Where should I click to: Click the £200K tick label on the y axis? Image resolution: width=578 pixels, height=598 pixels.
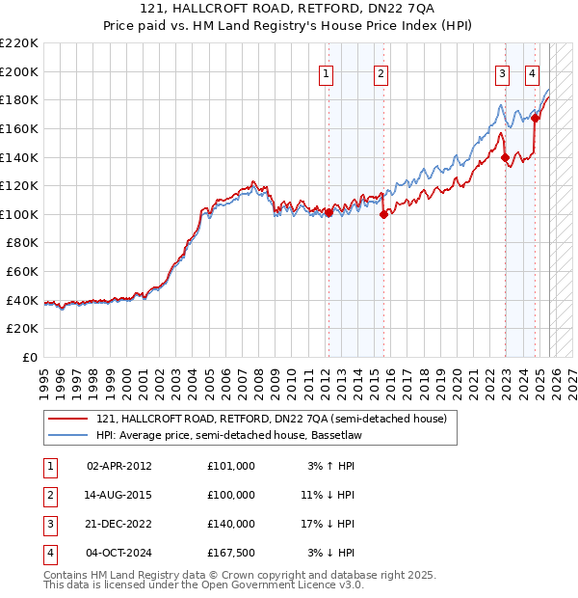point(20,71)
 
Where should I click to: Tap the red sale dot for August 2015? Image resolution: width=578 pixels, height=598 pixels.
point(383,215)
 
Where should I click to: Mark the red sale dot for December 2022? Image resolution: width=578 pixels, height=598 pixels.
point(505,157)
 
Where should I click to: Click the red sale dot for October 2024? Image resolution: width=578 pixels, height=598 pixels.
point(535,118)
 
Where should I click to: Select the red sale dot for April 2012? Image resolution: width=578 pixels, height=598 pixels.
point(328,213)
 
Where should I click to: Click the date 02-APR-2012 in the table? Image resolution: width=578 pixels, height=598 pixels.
point(118,466)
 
